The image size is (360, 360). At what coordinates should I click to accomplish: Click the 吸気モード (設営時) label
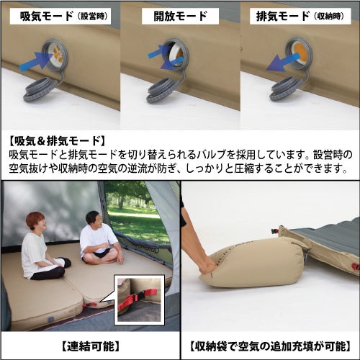click(x=63, y=17)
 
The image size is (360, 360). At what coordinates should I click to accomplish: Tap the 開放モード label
click(x=180, y=17)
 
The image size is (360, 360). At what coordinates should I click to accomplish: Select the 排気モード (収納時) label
click(x=300, y=17)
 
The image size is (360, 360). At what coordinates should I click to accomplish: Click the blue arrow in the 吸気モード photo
click(x=36, y=62)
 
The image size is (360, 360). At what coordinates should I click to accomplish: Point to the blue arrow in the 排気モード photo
click(x=283, y=63)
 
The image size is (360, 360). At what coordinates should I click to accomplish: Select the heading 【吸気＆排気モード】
click(x=56, y=141)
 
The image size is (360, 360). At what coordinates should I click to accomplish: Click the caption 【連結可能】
click(x=90, y=346)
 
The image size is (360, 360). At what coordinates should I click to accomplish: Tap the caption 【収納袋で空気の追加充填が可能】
click(x=271, y=346)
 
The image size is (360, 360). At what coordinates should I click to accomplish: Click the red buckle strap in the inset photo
click(x=138, y=297)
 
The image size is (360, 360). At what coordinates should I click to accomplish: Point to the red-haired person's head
click(x=35, y=222)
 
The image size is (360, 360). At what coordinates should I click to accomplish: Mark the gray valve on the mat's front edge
click(x=50, y=320)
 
